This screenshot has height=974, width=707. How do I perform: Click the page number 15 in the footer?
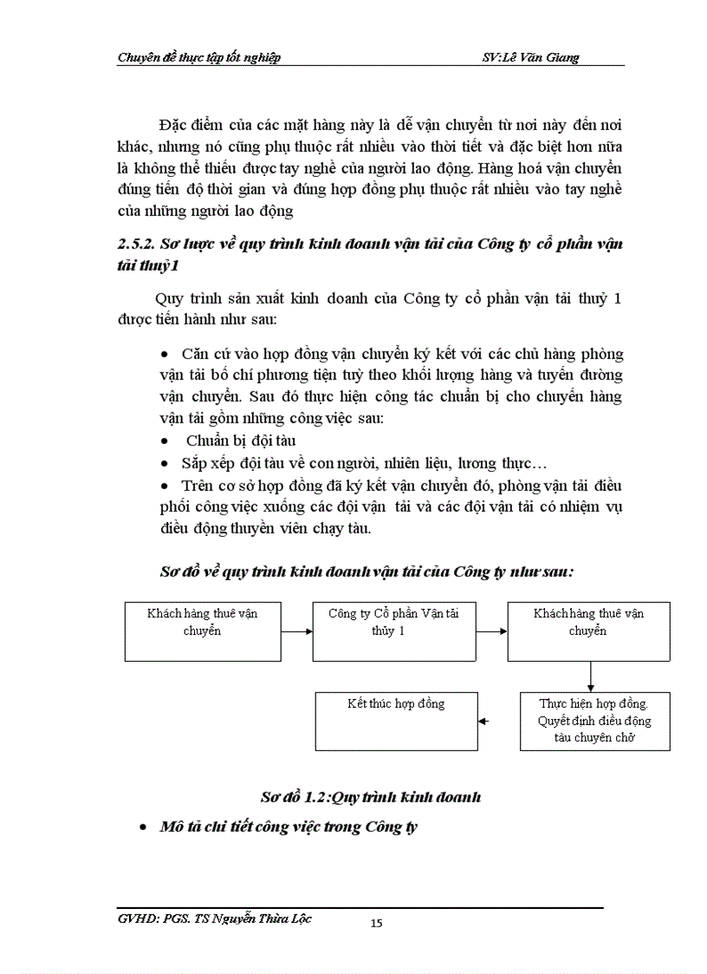coord(376,923)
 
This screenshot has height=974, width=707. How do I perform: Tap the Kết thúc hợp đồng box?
coord(395,721)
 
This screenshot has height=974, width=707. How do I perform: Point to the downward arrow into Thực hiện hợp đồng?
coord(589,677)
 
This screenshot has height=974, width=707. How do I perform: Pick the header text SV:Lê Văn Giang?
coord(530,57)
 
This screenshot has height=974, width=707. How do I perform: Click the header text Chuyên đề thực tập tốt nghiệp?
coord(198,57)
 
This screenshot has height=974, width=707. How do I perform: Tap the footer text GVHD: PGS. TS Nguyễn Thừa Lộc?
coord(213,918)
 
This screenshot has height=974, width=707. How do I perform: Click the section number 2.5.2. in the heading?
coord(138,244)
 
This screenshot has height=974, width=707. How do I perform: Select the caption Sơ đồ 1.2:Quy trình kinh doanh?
coord(371,797)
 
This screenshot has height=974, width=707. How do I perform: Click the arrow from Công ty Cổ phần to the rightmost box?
coord(491,631)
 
